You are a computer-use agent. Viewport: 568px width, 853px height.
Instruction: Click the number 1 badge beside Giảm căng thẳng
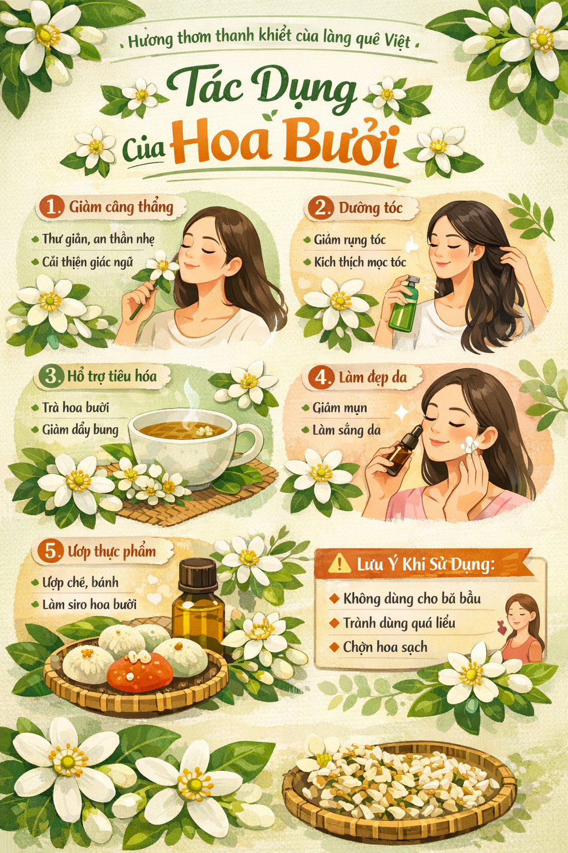[52, 207]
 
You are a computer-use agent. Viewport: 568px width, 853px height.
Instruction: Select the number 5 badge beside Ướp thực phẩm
[50, 551]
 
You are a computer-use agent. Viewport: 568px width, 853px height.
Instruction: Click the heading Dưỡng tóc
[370, 208]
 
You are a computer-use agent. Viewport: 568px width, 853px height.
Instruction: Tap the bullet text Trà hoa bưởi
[75, 408]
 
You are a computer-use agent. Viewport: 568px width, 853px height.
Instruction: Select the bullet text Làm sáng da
[346, 430]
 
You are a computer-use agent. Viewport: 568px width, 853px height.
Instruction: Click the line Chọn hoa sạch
[385, 647]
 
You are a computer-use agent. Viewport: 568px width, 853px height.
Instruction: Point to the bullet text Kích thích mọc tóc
[360, 262]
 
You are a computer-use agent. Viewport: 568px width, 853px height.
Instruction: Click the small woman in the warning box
[522, 628]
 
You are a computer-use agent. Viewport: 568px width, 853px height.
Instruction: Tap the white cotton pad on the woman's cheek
[470, 444]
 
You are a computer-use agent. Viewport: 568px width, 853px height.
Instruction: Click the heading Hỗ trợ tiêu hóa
[112, 376]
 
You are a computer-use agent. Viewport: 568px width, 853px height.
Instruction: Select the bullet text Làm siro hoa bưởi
[89, 604]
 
